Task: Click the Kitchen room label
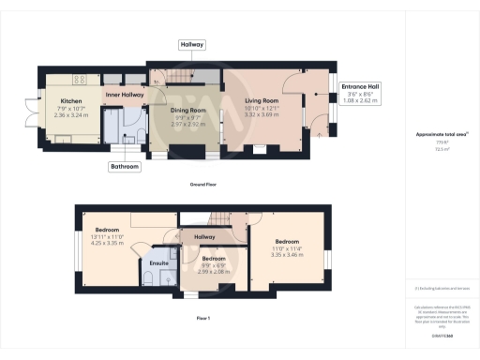pos(71,100)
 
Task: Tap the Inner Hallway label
pos(124,95)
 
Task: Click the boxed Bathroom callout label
pos(126,167)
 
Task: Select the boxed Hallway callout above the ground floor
pos(191,44)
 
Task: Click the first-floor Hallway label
pos(203,237)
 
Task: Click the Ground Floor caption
pos(202,185)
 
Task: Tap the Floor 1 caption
pos(202,319)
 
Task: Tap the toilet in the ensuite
pos(174,254)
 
